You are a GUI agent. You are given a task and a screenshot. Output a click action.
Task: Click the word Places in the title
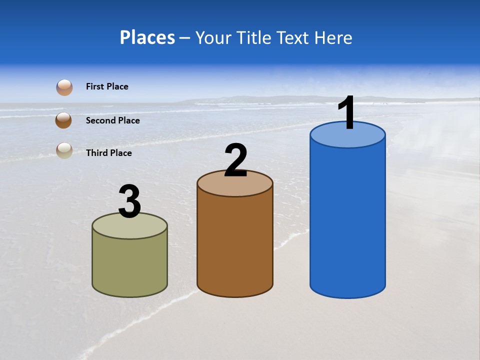coord(147,37)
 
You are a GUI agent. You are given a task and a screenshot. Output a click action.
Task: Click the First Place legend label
coord(107,86)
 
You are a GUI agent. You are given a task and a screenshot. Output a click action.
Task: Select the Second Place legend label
coord(112,120)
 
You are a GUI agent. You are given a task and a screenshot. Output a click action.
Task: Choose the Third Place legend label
coord(108,153)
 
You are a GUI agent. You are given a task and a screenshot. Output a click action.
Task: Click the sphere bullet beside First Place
coord(64,87)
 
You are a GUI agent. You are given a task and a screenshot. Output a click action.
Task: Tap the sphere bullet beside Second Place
coord(63,120)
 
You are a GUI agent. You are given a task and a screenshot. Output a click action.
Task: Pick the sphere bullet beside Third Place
coord(64,150)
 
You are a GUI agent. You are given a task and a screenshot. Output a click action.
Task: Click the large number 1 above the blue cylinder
coord(347,113)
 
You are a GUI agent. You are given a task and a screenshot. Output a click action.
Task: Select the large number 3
coord(130,201)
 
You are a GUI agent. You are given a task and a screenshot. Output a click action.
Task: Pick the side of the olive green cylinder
coord(130,265)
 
